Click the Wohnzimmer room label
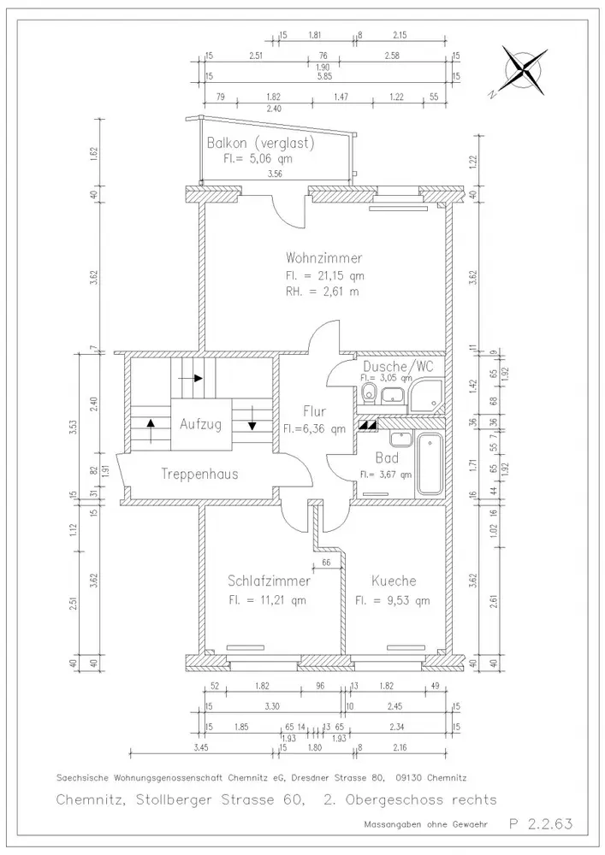pyautogui.click(x=323, y=257)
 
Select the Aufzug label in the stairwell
pyautogui.click(x=200, y=423)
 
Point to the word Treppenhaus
pyautogui.click(x=199, y=473)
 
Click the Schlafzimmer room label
pyautogui.click(x=269, y=581)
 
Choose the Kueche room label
pyautogui.click(x=394, y=581)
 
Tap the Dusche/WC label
pyautogui.click(x=397, y=366)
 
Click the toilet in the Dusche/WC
pyautogui.click(x=368, y=393)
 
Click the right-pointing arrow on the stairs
pyautogui.click(x=196, y=377)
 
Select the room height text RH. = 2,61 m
pyautogui.click(x=323, y=292)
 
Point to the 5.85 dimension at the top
pyautogui.click(x=323, y=76)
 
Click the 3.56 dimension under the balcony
pyautogui.click(x=275, y=174)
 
